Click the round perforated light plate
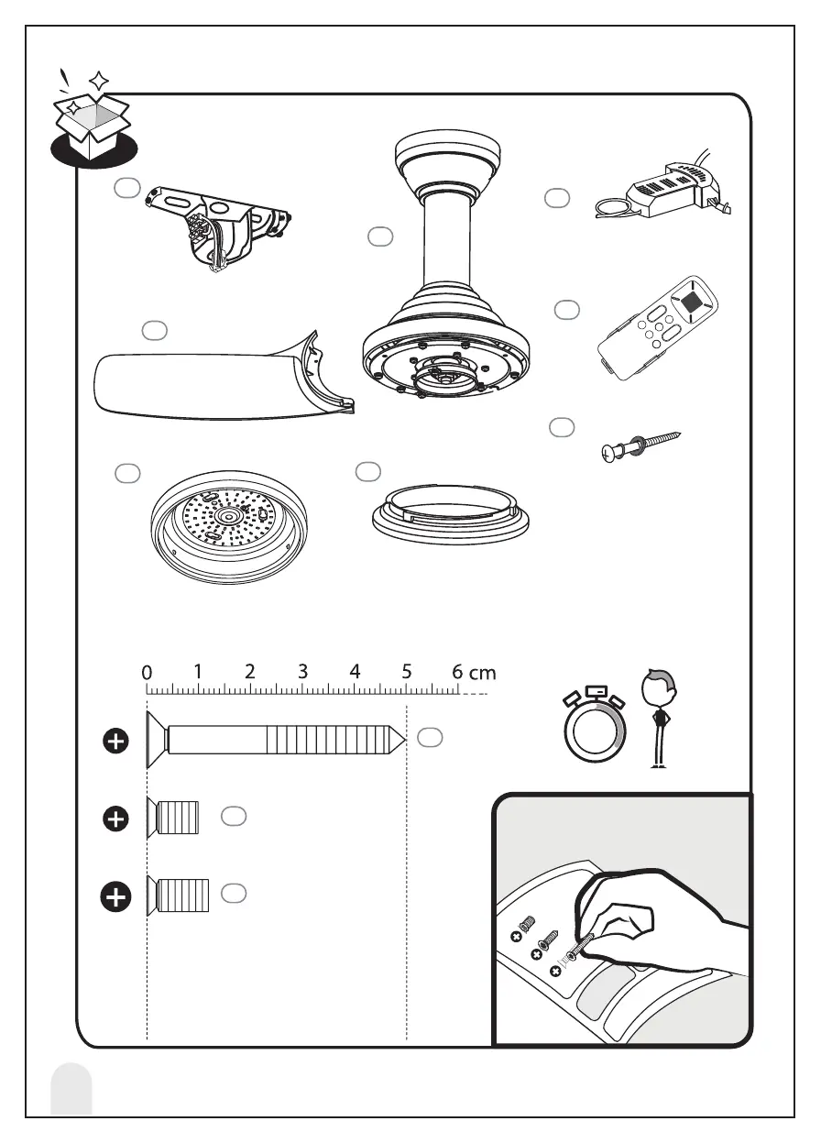click(x=229, y=532)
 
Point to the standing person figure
click(x=658, y=719)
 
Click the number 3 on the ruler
click(x=303, y=672)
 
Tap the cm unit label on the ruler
click(x=482, y=673)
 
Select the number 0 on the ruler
click(x=147, y=673)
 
